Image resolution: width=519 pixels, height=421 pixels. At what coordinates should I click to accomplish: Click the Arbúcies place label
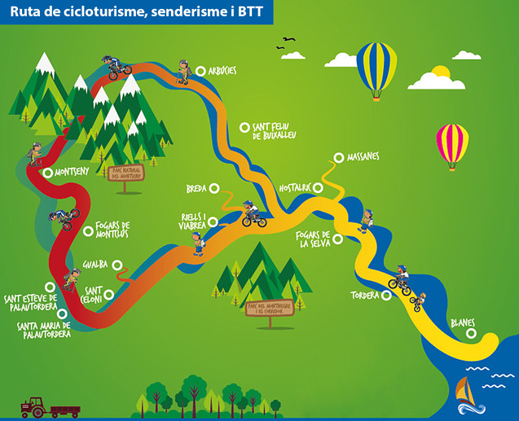point(222,71)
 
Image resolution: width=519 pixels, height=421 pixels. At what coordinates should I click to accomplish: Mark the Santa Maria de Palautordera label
point(42,329)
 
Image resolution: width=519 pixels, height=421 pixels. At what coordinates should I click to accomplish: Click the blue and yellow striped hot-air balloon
point(376,68)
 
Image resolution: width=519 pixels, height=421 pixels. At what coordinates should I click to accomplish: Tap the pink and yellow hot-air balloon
point(452,143)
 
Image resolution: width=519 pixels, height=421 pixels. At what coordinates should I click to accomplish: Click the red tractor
point(34,405)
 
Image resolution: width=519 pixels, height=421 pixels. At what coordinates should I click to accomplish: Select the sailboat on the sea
point(465,392)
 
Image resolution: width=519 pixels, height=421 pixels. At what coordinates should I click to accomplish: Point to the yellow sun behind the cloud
point(442,72)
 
